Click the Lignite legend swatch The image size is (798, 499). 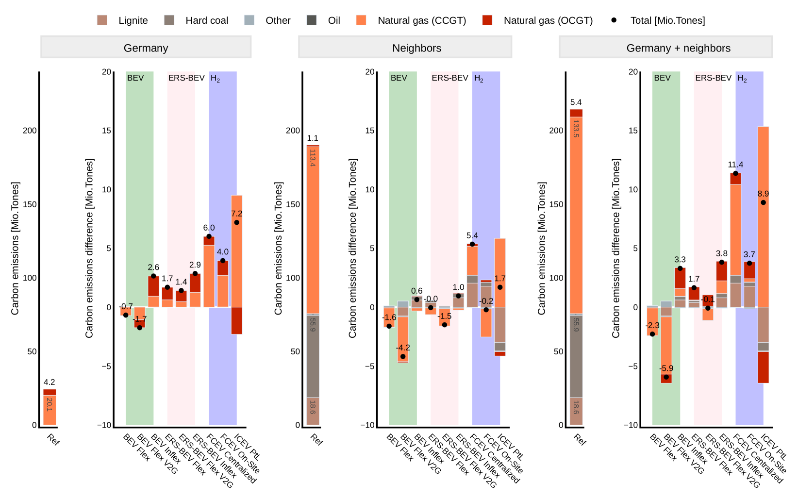(102, 20)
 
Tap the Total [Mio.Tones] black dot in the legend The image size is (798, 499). (614, 20)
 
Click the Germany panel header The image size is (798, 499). (146, 48)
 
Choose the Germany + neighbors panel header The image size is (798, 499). (678, 48)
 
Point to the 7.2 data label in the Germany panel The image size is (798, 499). (236, 214)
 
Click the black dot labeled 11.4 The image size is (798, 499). (735, 173)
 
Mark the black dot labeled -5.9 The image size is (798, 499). (666, 377)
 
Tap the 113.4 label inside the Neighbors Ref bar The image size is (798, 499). (313, 158)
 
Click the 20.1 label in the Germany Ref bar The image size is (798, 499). (50, 404)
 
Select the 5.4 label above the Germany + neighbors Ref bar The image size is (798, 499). (576, 102)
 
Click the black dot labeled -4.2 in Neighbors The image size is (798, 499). (403, 356)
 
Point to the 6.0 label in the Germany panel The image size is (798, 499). (209, 228)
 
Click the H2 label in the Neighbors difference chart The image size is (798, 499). (479, 78)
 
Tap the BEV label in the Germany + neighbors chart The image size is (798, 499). (662, 78)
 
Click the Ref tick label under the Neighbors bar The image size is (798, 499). (316, 440)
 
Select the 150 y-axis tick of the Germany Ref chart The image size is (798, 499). (30, 204)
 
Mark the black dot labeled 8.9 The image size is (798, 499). (763, 202)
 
